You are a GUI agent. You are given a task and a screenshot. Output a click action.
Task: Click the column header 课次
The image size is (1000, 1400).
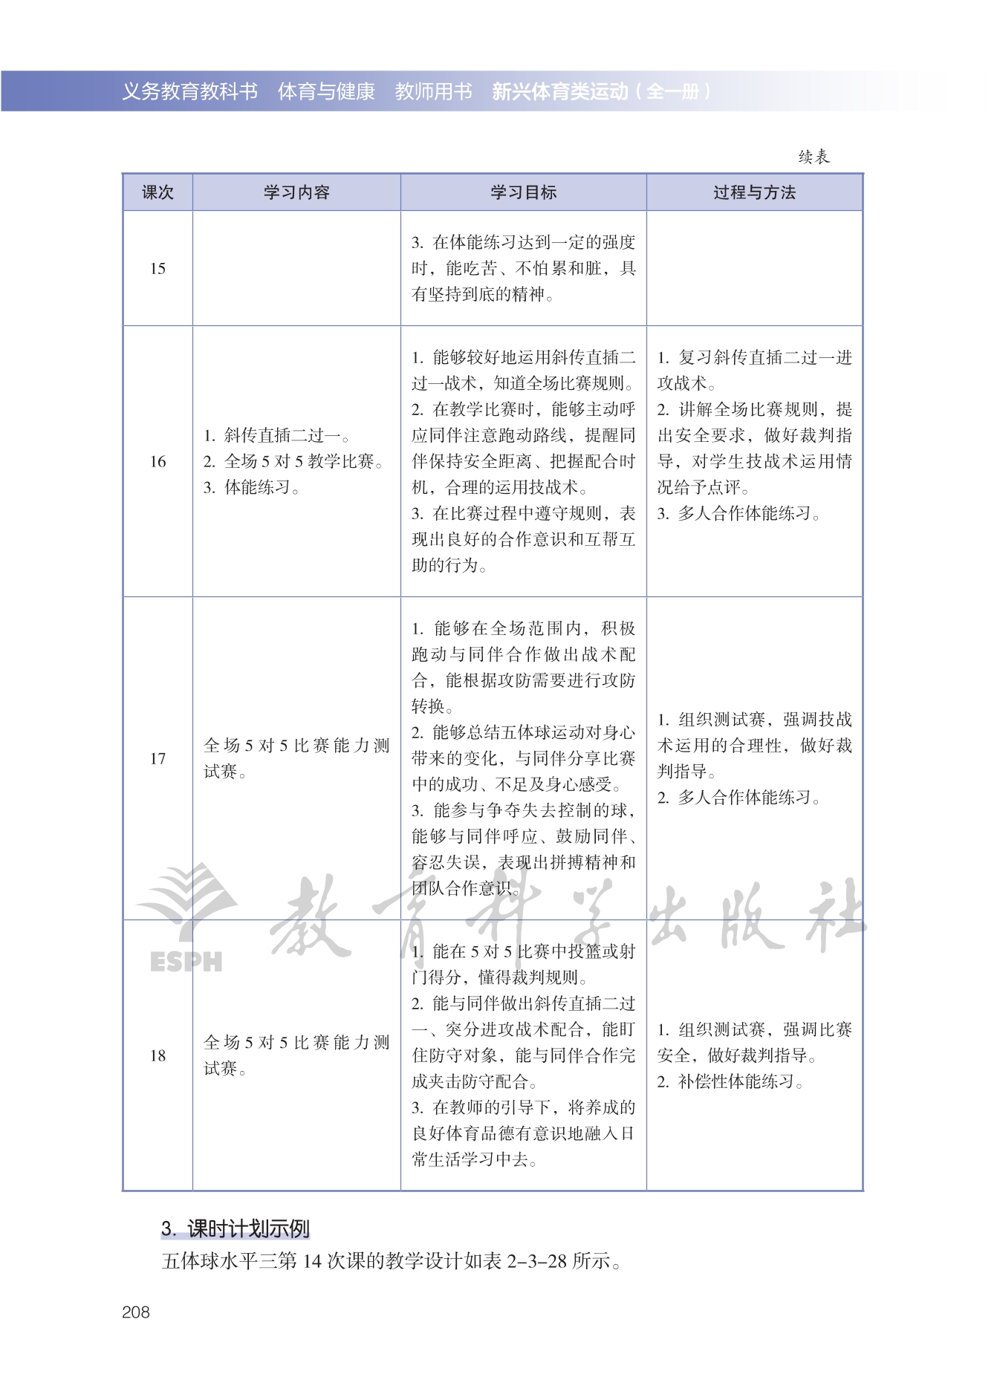click(158, 192)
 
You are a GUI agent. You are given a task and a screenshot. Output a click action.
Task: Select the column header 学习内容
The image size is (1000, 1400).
click(296, 192)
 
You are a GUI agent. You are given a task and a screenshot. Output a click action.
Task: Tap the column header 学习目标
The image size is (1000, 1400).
click(523, 192)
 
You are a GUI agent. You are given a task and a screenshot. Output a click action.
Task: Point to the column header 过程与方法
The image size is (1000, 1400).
click(754, 192)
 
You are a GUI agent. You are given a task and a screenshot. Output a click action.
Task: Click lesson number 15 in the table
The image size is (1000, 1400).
click(158, 268)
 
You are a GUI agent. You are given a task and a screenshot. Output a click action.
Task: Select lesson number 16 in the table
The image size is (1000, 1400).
click(158, 461)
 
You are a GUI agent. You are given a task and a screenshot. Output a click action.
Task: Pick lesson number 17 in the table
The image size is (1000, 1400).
click(158, 758)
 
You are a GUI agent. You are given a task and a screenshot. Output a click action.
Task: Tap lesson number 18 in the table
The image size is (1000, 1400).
click(158, 1055)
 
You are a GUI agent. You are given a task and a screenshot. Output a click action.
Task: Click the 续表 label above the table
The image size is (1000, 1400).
click(814, 157)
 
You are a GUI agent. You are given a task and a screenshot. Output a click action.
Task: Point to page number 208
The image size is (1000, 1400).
click(136, 1312)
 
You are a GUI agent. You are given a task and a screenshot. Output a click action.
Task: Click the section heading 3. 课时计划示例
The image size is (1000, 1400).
click(235, 1229)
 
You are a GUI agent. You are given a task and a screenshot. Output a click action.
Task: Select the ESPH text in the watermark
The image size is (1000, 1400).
click(186, 962)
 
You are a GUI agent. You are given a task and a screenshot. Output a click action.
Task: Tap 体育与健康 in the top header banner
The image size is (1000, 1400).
click(326, 91)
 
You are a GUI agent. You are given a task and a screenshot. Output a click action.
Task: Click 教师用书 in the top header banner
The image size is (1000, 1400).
click(433, 91)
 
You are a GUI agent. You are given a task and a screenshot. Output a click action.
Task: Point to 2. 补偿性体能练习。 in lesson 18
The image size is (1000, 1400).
click(731, 1081)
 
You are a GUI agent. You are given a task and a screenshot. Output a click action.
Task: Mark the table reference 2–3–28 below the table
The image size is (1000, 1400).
click(537, 1261)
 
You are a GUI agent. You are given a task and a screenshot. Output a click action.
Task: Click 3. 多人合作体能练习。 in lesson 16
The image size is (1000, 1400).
click(739, 513)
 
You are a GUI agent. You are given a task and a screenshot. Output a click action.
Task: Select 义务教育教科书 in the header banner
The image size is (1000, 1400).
click(189, 91)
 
